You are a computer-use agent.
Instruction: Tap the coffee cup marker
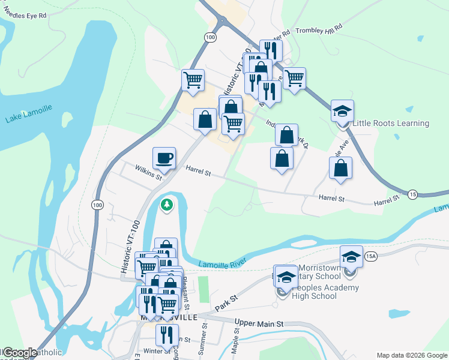click(164, 159)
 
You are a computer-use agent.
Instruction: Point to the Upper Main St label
click(258, 323)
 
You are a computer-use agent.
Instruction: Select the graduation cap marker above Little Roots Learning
click(342, 111)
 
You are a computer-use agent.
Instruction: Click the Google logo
click(19, 353)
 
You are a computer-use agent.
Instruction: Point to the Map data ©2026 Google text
click(412, 355)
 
